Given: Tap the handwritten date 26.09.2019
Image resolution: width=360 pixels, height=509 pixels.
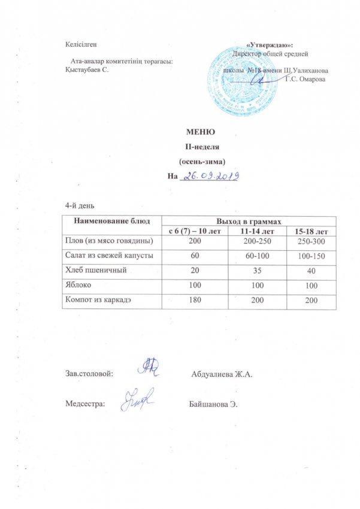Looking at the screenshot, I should pos(211,176).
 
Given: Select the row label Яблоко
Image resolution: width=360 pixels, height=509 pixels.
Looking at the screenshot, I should pos(77,286).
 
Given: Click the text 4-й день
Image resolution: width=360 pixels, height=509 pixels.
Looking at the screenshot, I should pos(78,205).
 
